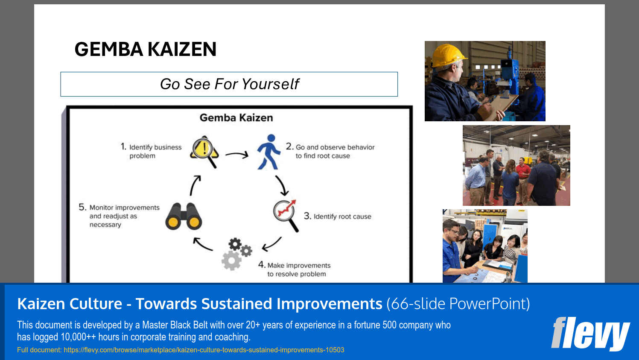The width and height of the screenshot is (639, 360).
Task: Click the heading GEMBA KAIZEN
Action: click(145, 50)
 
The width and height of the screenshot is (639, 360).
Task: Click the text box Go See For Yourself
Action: click(229, 84)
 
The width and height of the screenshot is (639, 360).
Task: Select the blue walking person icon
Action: click(268, 152)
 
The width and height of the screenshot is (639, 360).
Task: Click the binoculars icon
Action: click(184, 217)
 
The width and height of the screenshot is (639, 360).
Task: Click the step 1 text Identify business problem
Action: click(152, 151)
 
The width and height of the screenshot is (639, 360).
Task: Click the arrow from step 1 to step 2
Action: click(236, 155)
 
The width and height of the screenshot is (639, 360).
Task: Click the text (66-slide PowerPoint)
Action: click(458, 304)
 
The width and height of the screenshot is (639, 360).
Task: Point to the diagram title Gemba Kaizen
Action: click(236, 118)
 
